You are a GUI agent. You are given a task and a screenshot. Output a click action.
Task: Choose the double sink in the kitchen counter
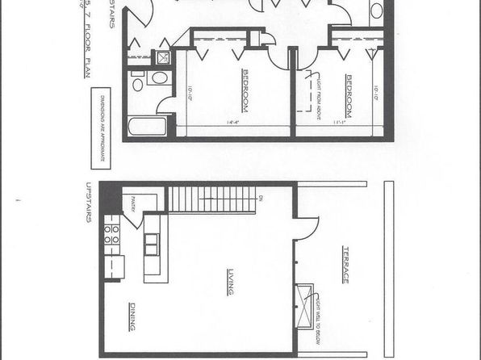coord(150,244)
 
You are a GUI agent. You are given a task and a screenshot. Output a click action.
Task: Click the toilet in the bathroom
coord(138,83)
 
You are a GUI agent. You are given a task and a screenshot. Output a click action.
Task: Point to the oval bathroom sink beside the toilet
coord(159,77)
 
